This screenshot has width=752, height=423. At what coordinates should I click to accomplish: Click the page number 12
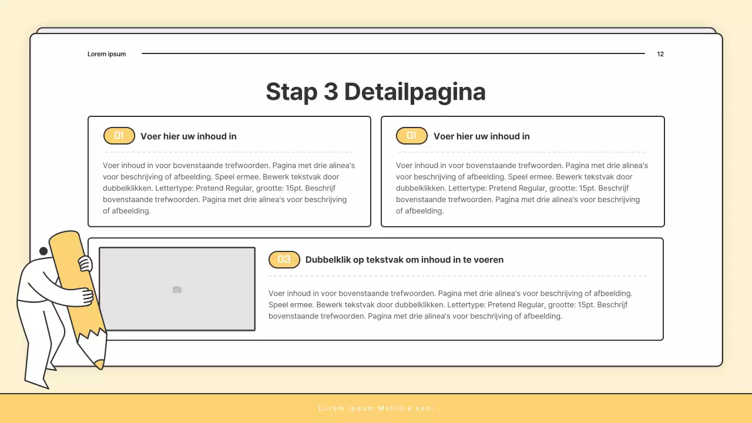coord(660,54)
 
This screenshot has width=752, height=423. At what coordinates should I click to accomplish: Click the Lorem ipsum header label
coord(107,54)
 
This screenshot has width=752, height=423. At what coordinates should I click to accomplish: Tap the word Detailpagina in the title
coord(415,92)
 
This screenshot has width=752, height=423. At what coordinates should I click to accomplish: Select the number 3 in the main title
coord(331,92)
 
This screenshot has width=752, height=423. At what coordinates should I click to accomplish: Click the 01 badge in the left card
coord(119,136)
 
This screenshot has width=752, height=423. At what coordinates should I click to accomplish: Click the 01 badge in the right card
coord(412,136)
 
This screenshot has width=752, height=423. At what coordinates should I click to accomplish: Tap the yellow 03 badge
coord(284,260)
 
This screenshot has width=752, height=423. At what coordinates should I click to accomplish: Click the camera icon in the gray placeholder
coord(177,290)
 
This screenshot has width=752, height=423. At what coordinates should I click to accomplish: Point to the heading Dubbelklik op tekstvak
coord(404,260)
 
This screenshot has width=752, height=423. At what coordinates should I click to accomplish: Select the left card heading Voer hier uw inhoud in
coord(189,136)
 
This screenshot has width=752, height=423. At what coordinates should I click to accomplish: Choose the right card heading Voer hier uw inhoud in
coord(481,136)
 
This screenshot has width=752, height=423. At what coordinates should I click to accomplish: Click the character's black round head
coord(43,251)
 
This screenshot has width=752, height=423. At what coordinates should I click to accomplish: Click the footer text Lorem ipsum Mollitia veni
coord(376,408)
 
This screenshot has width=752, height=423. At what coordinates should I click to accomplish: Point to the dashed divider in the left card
coord(229,152)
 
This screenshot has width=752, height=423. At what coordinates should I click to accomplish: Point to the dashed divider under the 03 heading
coord(458,276)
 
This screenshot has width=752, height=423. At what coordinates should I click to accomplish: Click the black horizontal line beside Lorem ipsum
coord(393,53)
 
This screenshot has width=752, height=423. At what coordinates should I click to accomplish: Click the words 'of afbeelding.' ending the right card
coord(419,211)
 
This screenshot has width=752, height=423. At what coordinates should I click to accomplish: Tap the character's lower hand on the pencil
coord(84,296)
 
